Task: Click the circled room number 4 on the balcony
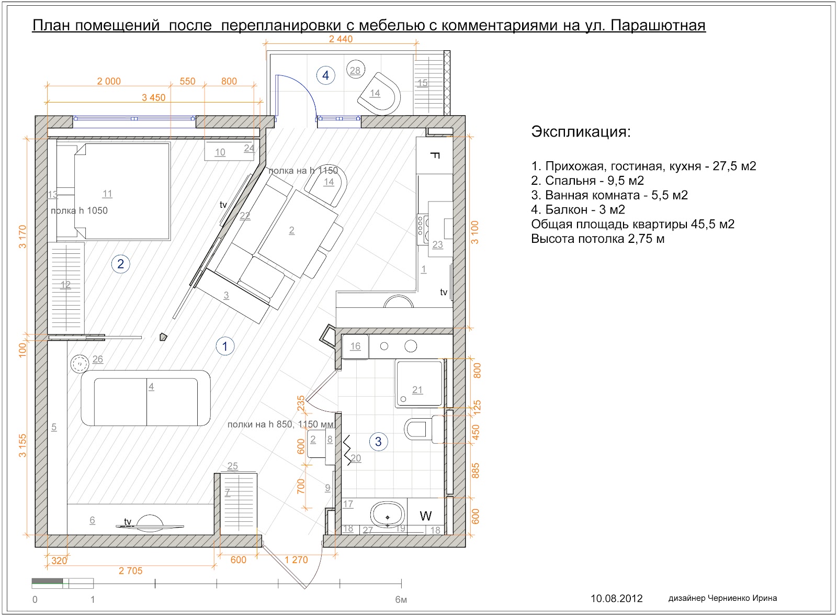point(325,75)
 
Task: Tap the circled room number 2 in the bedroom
point(120,264)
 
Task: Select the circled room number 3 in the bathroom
point(378,442)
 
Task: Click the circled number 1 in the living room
point(225,346)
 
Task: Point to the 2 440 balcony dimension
point(341,39)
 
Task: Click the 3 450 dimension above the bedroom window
point(153,98)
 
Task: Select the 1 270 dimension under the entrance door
point(296,560)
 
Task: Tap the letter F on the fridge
point(434,155)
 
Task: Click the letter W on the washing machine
point(426,516)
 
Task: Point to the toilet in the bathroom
point(421,430)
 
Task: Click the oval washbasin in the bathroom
point(388,515)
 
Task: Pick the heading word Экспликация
point(581,131)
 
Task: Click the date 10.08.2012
point(616,599)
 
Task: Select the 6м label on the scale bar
point(401,600)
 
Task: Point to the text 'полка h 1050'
point(79,211)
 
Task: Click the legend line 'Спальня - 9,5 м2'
point(587,181)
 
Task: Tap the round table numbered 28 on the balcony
point(355,70)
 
